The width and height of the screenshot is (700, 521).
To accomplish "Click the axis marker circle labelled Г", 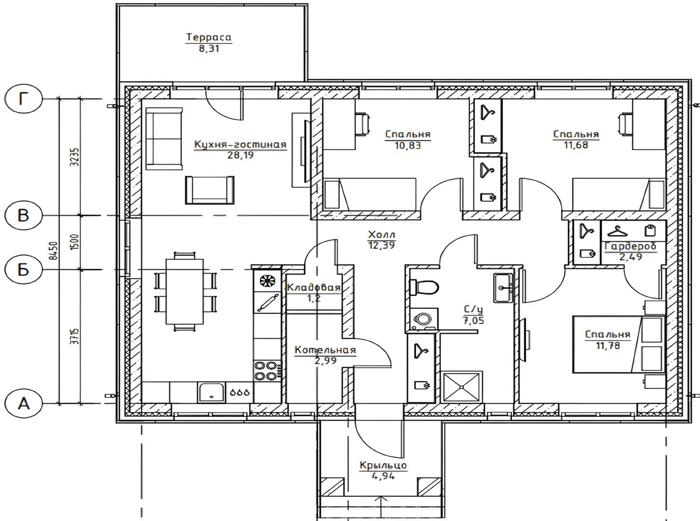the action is tap(23, 99).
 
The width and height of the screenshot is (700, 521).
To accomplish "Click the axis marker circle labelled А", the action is tap(23, 403).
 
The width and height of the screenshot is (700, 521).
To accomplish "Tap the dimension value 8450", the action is tap(54, 251).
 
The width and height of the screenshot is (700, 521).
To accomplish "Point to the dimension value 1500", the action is tap(74, 242).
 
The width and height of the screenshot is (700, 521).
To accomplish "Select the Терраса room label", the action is tap(209, 37).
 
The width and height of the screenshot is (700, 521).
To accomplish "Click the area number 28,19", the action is tap(240, 155).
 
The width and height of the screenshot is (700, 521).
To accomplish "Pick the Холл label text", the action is tap(381, 234).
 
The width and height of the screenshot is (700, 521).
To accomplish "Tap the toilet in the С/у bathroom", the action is tap(424, 288).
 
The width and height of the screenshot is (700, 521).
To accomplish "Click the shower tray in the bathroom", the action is tap(462, 387).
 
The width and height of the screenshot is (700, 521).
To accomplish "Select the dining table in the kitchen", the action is tap(184, 291).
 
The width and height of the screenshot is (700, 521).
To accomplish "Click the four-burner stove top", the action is tap(267, 370).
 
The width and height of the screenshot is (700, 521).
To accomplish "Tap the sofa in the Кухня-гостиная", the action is tap(164, 139).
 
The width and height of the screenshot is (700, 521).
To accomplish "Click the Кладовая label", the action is tap(314, 288).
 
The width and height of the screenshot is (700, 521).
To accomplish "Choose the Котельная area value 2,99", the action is tap(325, 360).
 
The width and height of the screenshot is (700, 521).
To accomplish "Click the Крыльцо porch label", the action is tap(383, 466).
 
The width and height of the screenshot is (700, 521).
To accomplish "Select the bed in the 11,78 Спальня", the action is tap(619, 345).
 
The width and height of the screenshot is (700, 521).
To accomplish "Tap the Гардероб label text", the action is tap(630, 247).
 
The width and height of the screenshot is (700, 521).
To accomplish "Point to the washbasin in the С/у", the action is tap(504, 288).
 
